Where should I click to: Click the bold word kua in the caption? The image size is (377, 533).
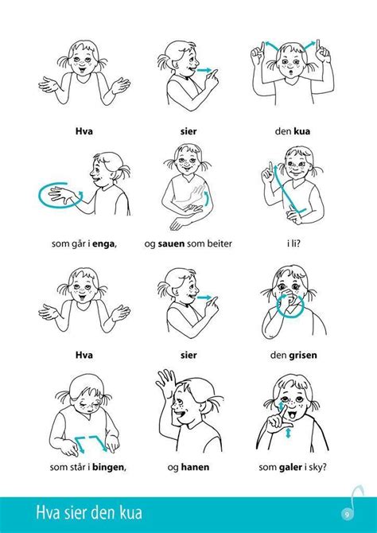(301, 131)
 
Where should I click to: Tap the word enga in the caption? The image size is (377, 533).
(103, 243)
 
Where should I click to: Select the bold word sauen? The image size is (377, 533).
(172, 243)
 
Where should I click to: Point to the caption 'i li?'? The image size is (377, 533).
(293, 243)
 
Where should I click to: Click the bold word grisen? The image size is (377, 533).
(302, 356)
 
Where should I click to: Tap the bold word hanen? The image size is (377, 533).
(195, 467)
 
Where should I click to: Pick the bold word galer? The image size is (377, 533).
(290, 467)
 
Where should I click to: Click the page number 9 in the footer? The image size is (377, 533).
(347, 514)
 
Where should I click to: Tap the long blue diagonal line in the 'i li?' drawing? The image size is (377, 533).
(285, 191)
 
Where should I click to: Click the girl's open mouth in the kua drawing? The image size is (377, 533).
(289, 72)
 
